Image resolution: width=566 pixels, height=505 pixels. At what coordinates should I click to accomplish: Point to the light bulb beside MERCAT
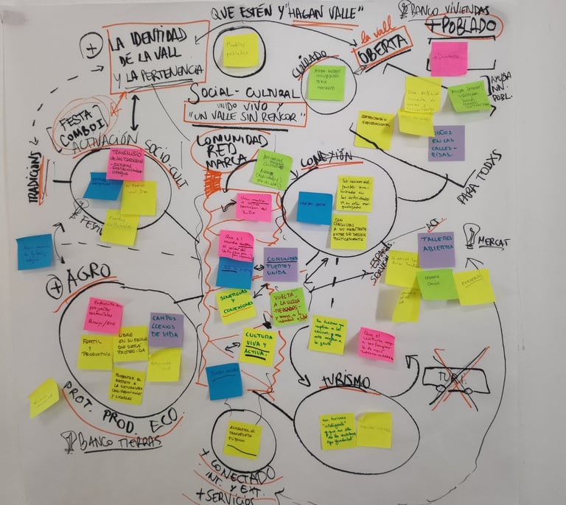tap(470, 235)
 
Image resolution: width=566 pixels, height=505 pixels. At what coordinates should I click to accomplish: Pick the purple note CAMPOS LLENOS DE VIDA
tap(167, 328)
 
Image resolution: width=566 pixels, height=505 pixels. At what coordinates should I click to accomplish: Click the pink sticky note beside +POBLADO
tap(449, 58)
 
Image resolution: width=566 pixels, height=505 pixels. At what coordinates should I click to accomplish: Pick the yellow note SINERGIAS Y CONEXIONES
tap(236, 303)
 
